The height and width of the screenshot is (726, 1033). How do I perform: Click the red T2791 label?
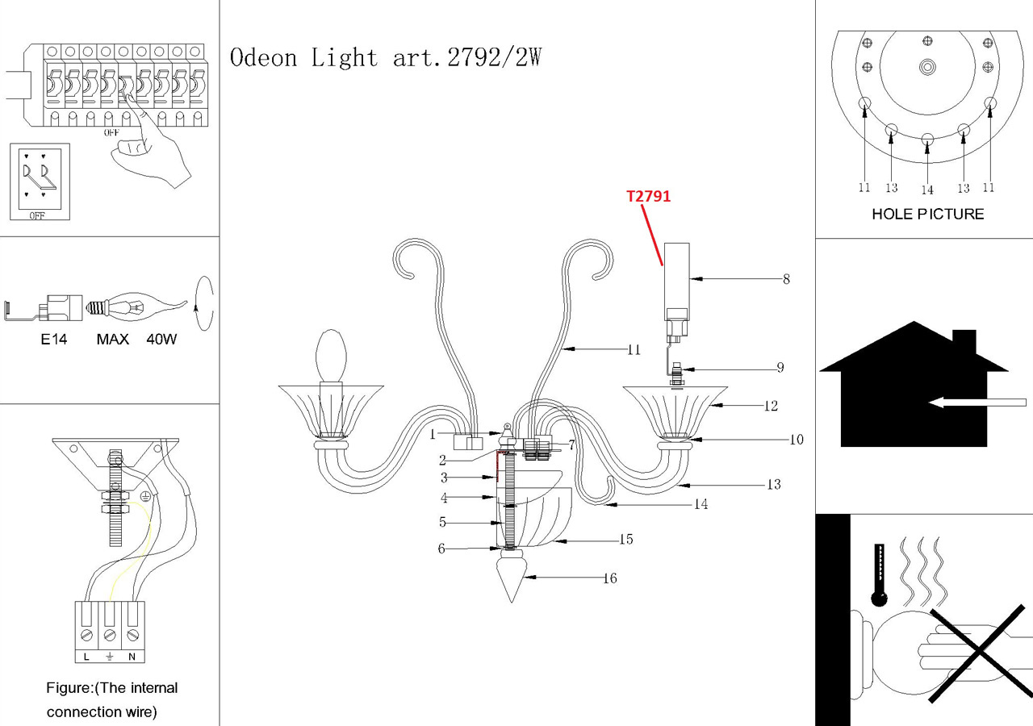coord(649,196)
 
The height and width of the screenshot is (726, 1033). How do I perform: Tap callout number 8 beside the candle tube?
coord(786,280)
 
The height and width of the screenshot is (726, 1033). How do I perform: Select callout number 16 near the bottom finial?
coord(610,578)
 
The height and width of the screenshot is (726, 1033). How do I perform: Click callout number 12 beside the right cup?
coord(771,406)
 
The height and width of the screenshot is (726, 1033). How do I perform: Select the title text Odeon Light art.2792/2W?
coord(386,58)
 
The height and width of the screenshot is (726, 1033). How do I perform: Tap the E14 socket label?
coord(54,340)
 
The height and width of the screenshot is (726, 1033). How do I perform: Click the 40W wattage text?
coord(161,340)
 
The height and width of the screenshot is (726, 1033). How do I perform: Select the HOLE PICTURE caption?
coord(927,214)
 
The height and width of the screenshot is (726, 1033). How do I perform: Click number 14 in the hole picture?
coord(927,190)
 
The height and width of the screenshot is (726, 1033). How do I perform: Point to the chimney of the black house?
coord(964,342)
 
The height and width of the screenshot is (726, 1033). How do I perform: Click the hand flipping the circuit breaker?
coord(149,153)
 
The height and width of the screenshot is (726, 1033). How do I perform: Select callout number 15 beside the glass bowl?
coord(625,539)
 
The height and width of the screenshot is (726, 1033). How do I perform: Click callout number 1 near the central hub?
coord(433,434)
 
